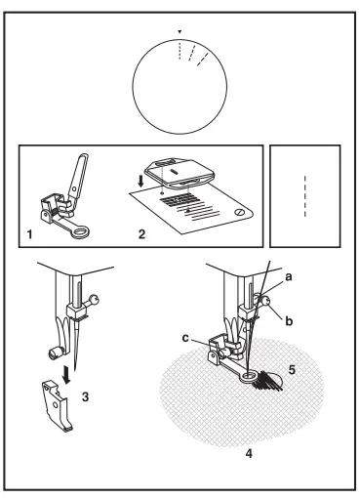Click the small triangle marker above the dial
180,32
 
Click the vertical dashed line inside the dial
180,50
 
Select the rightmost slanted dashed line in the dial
203,59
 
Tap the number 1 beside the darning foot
29,234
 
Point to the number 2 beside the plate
141,234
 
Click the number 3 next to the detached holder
85,396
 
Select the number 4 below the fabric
249,453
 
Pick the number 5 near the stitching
292,370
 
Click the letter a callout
289,277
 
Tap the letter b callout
289,321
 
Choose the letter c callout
185,338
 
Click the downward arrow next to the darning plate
140,182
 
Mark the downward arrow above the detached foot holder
67,375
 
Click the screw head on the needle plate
239,212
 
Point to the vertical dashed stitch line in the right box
304,196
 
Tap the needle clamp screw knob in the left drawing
94,299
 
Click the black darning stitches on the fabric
268,380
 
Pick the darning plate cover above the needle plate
180,173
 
